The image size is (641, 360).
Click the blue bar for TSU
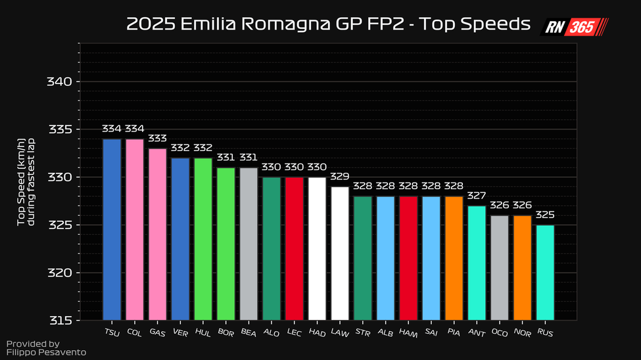click(x=112, y=229)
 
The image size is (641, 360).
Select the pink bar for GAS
click(x=157, y=234)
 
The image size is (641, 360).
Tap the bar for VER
click(x=180, y=238)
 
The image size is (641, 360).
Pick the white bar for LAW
click(x=340, y=253)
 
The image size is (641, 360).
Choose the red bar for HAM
click(x=408, y=258)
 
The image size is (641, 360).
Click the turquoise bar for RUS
click(x=545, y=272)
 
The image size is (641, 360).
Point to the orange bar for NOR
click(x=522, y=267)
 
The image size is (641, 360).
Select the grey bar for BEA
click(x=249, y=244)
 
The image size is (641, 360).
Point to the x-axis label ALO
click(x=271, y=333)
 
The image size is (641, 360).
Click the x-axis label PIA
click(x=454, y=333)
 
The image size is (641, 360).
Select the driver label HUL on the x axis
click(x=202, y=333)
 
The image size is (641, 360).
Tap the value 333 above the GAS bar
click(x=157, y=139)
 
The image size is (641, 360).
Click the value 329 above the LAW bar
click(x=340, y=177)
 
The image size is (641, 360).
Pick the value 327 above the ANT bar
click(x=477, y=196)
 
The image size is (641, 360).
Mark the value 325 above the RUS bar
click(x=545, y=215)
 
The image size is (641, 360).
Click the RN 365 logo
click(x=574, y=27)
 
